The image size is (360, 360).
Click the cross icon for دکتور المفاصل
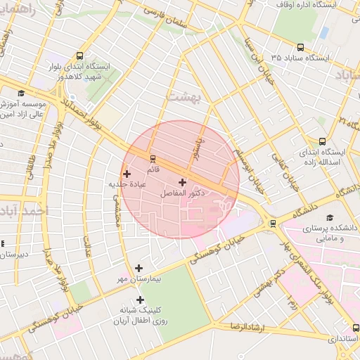pos(183,182)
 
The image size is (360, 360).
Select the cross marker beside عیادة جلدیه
pos(127,174)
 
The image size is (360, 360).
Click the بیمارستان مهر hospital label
pos(139,279)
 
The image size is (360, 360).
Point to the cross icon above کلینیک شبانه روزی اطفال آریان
pos(140,300)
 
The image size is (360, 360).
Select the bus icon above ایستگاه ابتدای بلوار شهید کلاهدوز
pos(80,56)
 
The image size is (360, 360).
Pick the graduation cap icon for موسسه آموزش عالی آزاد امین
pos(21,93)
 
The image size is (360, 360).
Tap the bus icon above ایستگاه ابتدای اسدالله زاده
pos(323,141)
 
